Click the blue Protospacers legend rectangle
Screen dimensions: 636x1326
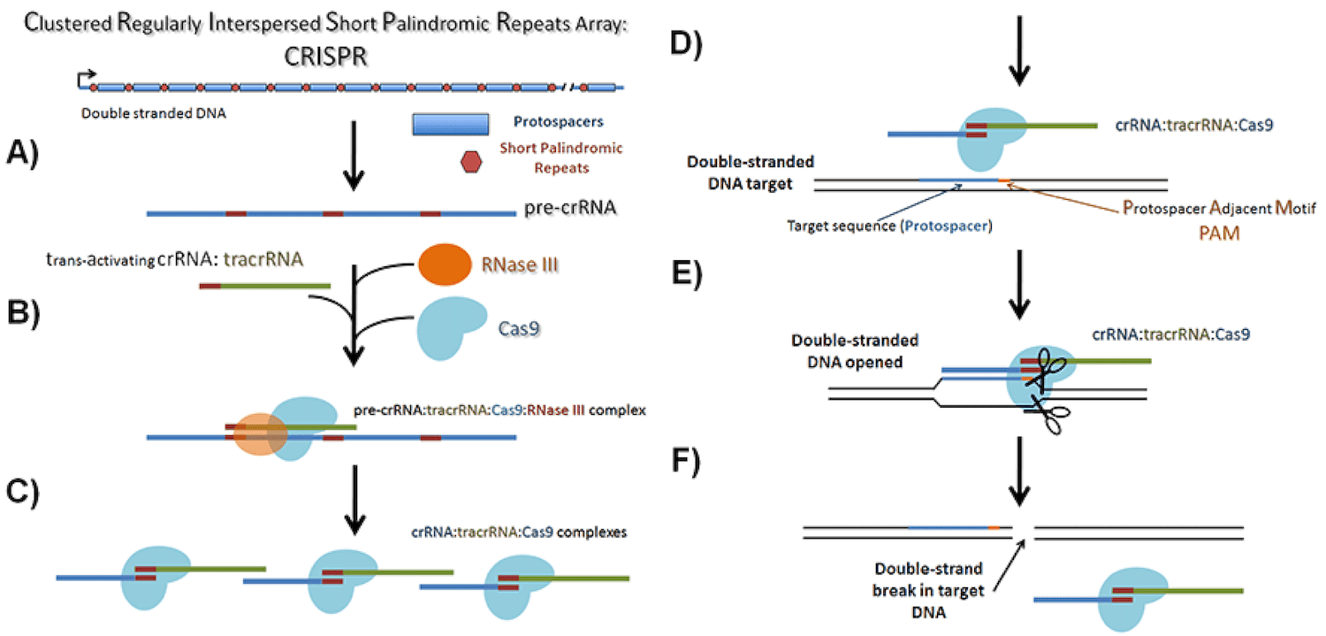coord(451,124)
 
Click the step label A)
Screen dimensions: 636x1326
coord(27,153)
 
